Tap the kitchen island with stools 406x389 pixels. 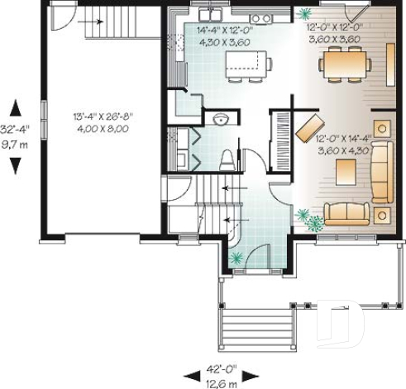tap(247, 64)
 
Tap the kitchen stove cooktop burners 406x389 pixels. tap(261, 18)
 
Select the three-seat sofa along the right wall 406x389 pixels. tap(381, 172)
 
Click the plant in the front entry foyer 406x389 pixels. tap(237, 258)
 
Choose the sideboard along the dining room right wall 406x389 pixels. tap(390, 62)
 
